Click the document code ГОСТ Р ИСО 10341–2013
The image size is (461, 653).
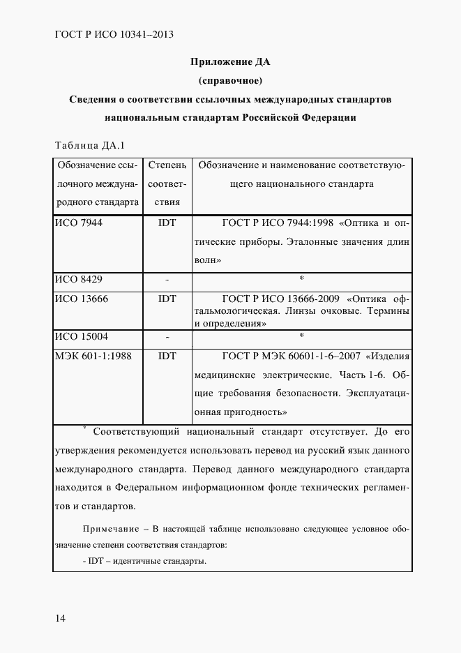113,33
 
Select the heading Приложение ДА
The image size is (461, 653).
230,61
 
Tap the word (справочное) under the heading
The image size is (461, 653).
230,80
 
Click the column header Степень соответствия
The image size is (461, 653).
167,184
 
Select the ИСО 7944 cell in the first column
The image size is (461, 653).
79,223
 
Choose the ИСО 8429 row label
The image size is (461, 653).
79,279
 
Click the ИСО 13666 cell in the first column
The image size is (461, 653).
82,299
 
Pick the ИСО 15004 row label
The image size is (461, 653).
82,336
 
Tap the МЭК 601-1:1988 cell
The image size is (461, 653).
93,355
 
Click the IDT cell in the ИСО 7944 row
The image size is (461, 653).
167,223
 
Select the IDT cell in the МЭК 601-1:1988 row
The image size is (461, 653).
167,355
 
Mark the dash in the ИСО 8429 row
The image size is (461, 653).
167,280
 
